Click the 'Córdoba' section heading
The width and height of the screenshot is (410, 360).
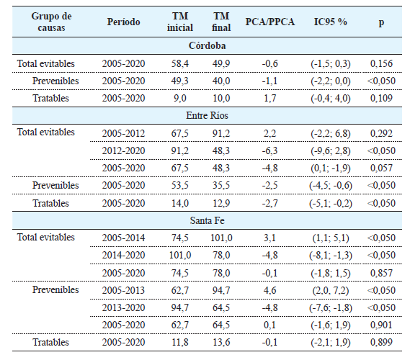click(x=204, y=46)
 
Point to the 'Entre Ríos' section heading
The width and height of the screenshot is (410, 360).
click(x=204, y=114)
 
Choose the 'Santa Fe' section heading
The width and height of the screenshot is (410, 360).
click(x=204, y=220)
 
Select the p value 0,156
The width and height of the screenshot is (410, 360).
click(x=381, y=63)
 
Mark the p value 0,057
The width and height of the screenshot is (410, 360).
click(x=381, y=168)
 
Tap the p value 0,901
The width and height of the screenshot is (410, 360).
click(x=381, y=325)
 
